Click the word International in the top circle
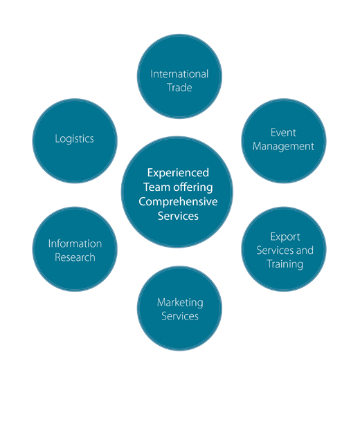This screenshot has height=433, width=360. click(179, 74)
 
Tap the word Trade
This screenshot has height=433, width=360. click(179, 88)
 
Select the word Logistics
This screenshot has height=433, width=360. click(74, 139)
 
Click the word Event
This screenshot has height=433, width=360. click(283, 133)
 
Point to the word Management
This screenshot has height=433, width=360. click(283, 147)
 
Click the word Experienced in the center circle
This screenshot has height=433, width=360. click(178, 173)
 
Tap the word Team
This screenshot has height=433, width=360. click(156, 187)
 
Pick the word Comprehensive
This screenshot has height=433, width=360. click(178, 202)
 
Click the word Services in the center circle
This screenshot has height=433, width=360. click(178, 216)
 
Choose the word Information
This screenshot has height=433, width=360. click(75, 243)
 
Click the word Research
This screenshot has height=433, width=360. click(75, 257)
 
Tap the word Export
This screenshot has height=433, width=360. click(285, 237)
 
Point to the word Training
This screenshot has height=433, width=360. click(285, 264)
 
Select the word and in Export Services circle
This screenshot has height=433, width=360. click(305, 250)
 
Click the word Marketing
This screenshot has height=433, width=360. click(180, 303)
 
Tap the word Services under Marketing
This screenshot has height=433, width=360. click(180, 316)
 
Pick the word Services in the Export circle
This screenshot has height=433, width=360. click(274, 250)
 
